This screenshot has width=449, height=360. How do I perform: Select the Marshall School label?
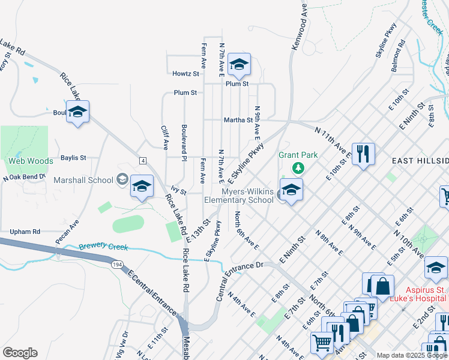coord(83,180)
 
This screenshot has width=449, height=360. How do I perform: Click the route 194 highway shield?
coord(117,264)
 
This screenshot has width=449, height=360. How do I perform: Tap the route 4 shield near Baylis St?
coord(143,160)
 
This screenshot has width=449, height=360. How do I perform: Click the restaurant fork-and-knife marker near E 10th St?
coord(363,154)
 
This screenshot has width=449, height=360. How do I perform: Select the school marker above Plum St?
coord(239,65)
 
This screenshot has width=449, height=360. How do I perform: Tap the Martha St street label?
coord(238,120)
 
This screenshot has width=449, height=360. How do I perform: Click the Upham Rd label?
coord(25,231)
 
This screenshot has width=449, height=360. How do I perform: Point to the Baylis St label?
coord(73,158)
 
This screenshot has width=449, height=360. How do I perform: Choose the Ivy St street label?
coord(179,193)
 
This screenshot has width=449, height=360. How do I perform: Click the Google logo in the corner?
coord(20,352)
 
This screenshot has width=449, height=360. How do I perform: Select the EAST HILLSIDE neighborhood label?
coord(420,161)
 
